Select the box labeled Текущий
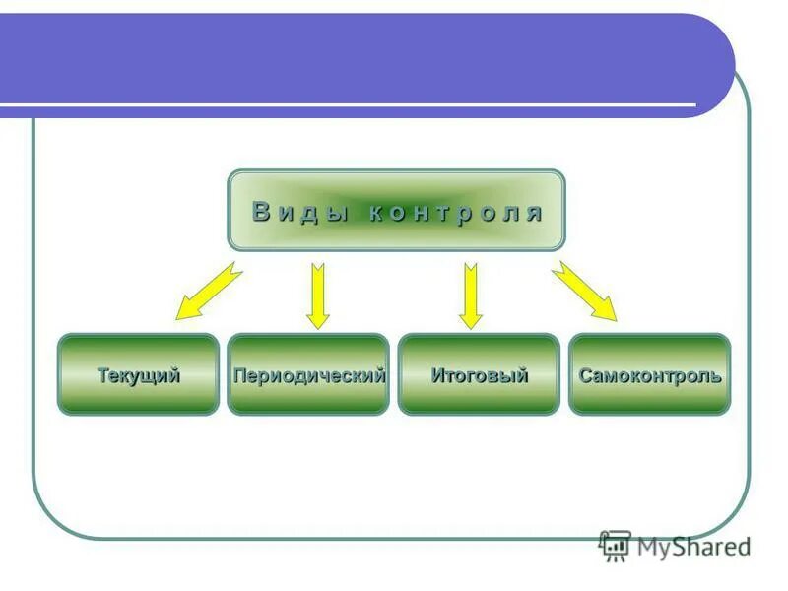point(138,374)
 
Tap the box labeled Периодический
point(308,374)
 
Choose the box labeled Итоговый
point(479,374)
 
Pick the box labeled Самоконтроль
point(650,374)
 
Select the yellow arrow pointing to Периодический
point(317,295)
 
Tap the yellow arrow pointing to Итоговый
point(471,295)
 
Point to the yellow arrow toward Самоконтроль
point(584,291)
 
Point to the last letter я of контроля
point(534,213)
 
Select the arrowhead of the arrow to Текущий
point(186,311)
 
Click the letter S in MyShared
point(680,546)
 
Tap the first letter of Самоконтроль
point(585,375)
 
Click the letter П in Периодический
point(239,375)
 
